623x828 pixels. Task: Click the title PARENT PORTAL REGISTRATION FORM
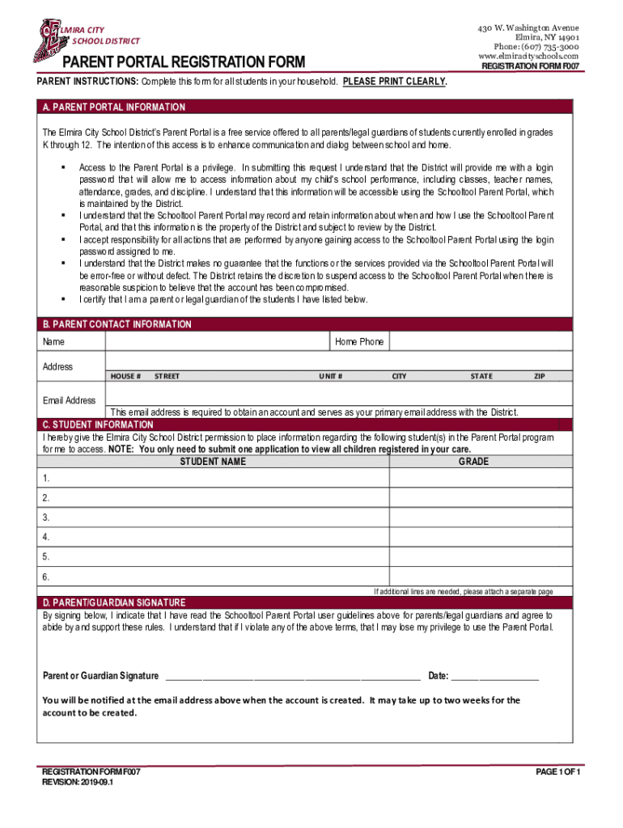coord(184,63)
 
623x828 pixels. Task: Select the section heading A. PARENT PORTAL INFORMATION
coord(114,108)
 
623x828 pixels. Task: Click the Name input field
coord(217,342)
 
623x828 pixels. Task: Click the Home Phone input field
coord(480,342)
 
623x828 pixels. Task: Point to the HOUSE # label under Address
coord(126,376)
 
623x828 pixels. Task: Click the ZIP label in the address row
coord(539,376)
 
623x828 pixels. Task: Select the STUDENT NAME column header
coord(213,462)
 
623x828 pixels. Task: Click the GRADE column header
coord(473,462)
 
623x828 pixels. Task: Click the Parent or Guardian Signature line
coord(292,677)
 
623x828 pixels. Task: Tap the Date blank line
coord(494,677)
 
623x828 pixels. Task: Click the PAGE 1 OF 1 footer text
coord(557,772)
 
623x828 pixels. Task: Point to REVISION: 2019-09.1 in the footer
coord(78,783)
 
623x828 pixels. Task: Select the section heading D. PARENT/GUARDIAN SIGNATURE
coord(114,603)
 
